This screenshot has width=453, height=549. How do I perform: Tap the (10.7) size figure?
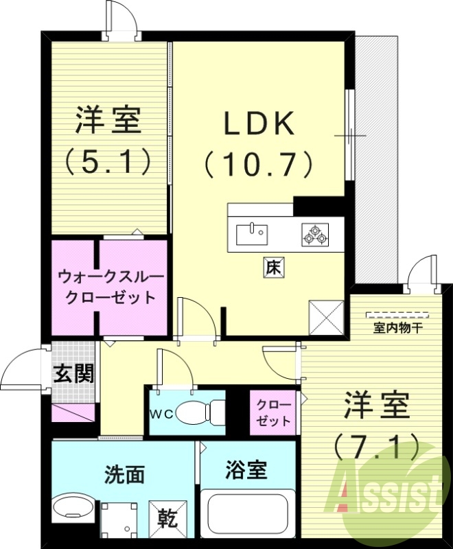click(259, 164)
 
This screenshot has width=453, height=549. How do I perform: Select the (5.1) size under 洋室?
click(108, 162)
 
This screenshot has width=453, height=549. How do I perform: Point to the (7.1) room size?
click(376, 447)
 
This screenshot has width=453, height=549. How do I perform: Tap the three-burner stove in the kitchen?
click(315, 234)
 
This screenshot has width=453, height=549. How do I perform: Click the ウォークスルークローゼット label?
click(111, 287)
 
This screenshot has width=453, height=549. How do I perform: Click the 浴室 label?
click(246, 471)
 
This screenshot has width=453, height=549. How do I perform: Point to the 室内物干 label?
click(398, 328)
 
